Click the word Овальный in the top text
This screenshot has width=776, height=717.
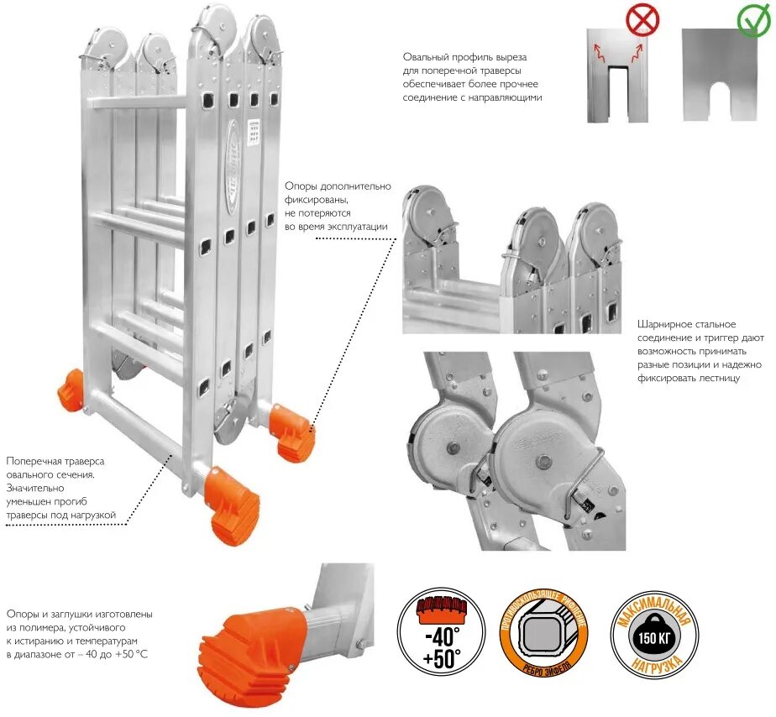[426, 57]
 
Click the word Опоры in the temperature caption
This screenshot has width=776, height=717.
[23, 614]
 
